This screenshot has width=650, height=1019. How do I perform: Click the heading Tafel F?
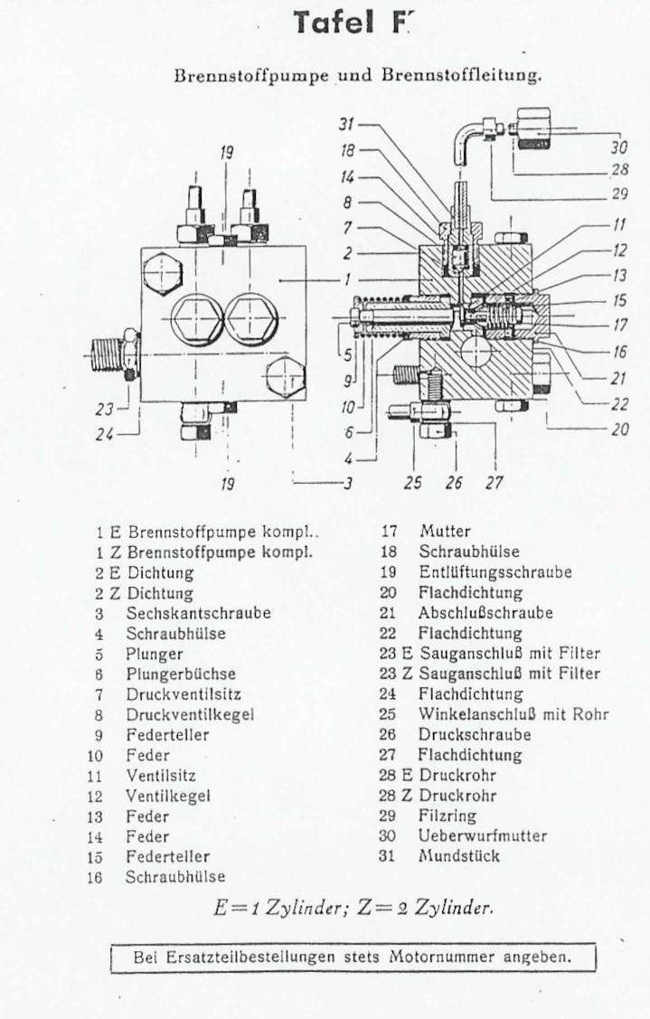pos(353,23)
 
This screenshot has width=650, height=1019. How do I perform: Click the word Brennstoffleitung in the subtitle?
pos(460,75)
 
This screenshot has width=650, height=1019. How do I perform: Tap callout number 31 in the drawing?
pos(346,124)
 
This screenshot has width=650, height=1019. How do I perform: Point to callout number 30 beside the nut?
pos(618,146)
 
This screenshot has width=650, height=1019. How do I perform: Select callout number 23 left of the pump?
pos(105,410)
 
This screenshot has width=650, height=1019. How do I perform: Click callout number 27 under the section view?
pos(494,482)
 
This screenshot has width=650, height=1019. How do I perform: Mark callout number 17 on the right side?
pos(619,325)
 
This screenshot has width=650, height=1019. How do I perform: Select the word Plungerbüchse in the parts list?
pos(181,674)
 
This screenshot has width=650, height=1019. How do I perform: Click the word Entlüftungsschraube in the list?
pos(495,571)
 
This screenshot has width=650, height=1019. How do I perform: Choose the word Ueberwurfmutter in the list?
pos(482,835)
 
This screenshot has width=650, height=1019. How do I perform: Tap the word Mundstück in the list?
pos(459,856)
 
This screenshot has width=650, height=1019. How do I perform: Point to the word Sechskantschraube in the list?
pos(198,613)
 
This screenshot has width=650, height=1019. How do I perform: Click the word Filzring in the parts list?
pos(447,816)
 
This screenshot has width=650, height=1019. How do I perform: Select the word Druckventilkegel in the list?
pos(190,714)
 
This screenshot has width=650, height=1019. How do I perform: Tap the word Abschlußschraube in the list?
pos(485,613)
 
